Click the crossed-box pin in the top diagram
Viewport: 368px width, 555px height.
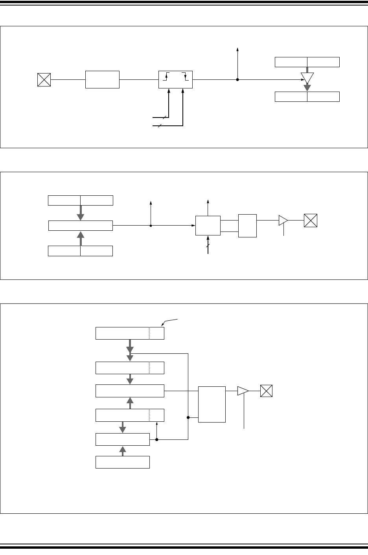(44, 80)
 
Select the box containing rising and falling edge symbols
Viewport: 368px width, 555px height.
(175, 80)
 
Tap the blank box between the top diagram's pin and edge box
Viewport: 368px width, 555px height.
(102, 80)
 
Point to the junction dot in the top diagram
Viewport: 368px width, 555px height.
(237, 80)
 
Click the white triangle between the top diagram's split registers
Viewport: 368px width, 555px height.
(307, 78)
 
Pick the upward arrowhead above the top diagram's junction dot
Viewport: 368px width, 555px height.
(237, 49)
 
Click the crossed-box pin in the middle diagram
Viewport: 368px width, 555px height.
(311, 221)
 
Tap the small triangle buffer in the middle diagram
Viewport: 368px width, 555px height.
(283, 221)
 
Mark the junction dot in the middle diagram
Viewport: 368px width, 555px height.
(151, 226)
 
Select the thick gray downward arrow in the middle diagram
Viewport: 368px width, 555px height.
(81, 213)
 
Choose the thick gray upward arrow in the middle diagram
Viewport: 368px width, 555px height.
(81, 238)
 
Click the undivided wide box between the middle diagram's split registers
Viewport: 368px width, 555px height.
(81, 226)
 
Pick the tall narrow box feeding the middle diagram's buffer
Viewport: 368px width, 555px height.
(247, 226)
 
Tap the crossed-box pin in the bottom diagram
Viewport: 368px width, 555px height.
(267, 391)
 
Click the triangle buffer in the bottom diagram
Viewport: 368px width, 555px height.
(243, 391)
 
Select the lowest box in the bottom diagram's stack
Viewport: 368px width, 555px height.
(123, 462)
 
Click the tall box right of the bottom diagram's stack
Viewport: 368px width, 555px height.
(212, 404)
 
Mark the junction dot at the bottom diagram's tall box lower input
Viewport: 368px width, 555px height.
(188, 418)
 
